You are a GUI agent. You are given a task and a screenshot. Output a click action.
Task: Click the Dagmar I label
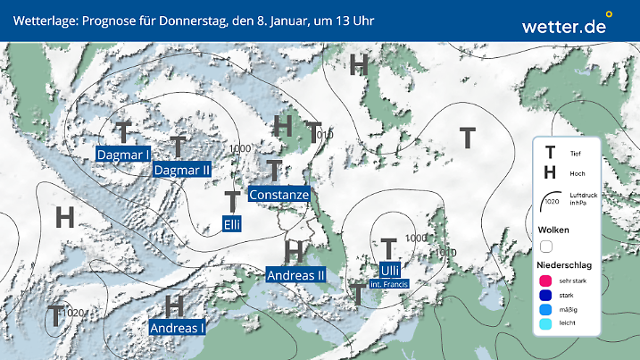point(122,155)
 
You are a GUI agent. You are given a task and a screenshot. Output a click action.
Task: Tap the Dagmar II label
point(181,170)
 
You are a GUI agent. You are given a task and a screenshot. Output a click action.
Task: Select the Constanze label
point(279,195)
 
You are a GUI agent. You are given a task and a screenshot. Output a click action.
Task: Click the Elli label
point(233,223)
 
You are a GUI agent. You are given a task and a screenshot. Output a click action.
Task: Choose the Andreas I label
point(177,328)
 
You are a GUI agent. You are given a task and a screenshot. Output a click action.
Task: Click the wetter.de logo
point(565,26)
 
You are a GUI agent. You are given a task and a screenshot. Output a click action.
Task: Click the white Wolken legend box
point(547,246)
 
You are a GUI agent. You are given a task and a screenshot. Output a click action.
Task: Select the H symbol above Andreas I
point(175,306)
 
